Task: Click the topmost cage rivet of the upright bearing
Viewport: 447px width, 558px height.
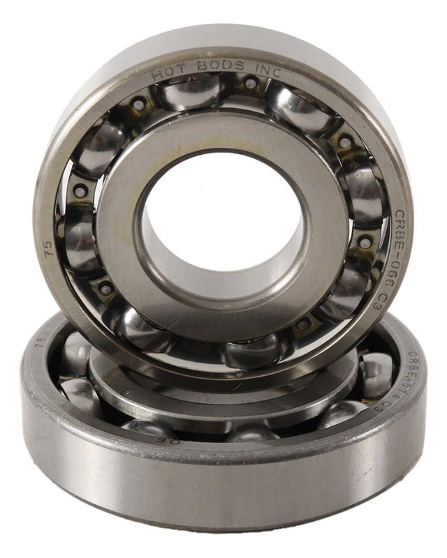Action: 250,84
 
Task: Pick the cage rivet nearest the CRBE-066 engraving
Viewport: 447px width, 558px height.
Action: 365,243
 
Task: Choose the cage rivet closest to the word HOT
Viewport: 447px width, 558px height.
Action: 139,105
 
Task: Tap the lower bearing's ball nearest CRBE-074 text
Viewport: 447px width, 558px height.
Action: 377,373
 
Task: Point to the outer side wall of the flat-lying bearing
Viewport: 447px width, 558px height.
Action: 223,488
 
